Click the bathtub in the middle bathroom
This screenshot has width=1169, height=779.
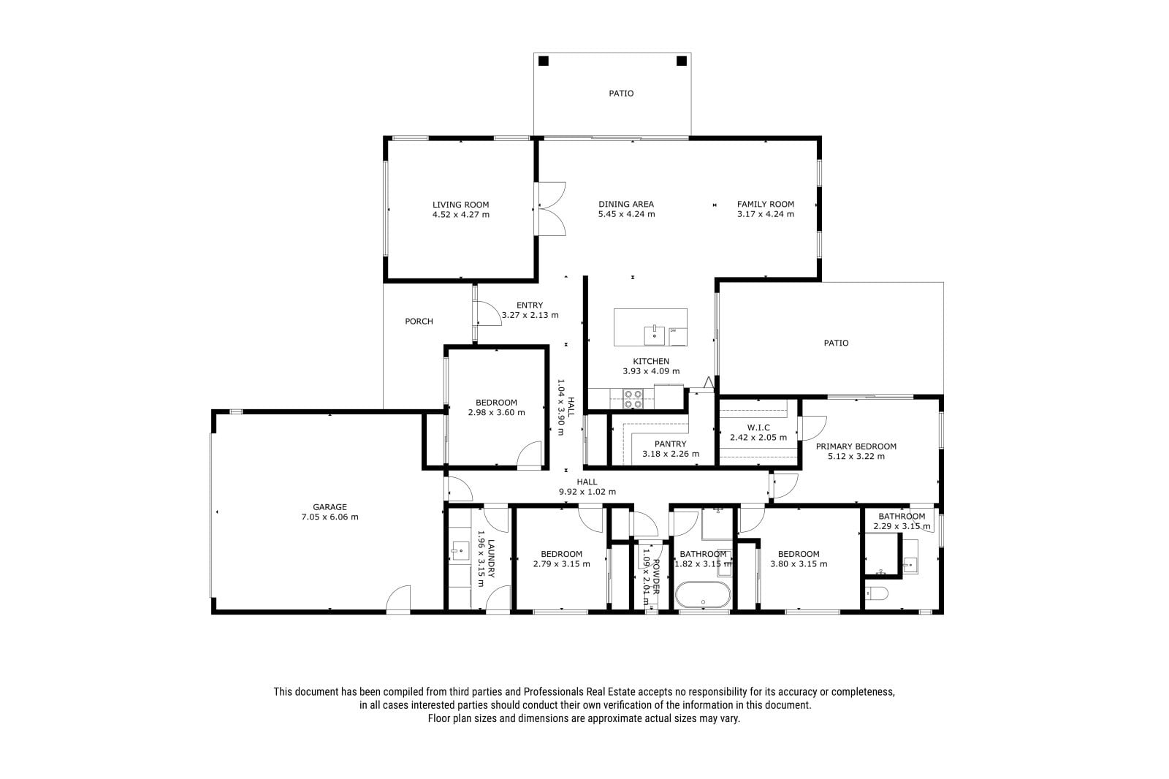[x=703, y=595]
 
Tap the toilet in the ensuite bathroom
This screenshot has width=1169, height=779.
[x=877, y=593]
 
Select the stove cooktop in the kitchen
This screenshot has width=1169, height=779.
[x=633, y=399]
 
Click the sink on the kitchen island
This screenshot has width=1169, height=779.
[x=655, y=335]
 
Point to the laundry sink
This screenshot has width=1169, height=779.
[x=460, y=550]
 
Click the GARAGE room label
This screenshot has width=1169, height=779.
[x=330, y=507]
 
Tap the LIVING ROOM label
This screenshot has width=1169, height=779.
[x=461, y=205]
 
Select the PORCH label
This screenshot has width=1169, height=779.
[x=419, y=321]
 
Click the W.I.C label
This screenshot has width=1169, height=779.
[x=758, y=427]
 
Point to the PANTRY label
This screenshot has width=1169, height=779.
[x=671, y=444]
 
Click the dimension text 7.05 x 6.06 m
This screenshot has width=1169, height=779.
[x=330, y=517]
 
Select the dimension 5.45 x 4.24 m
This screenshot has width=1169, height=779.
[x=626, y=214]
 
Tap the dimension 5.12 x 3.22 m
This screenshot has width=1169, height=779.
[x=856, y=456]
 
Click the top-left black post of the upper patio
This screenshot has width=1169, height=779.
[x=544, y=61]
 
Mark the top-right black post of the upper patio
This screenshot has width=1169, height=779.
[x=682, y=61]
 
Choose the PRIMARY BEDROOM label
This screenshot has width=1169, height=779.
[x=856, y=446]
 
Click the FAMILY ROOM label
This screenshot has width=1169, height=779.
[x=766, y=204]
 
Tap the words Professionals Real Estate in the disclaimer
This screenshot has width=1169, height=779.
[x=580, y=692]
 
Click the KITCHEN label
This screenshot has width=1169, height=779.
[x=651, y=361]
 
